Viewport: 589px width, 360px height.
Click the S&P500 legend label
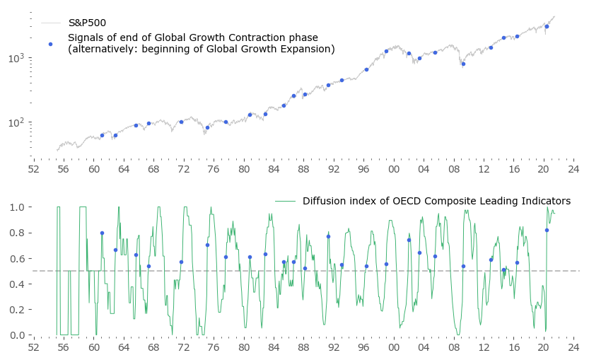[x=87, y=23]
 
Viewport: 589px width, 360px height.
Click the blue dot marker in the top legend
[x=50, y=44]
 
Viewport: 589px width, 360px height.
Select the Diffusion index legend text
[x=436, y=201]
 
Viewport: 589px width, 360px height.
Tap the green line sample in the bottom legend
[x=285, y=201]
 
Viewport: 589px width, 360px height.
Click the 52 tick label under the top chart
[x=33, y=170]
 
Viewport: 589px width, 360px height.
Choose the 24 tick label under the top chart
[x=573, y=170]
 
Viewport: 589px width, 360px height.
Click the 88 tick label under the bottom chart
[x=303, y=348]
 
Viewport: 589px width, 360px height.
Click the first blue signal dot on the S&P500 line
[x=102, y=135]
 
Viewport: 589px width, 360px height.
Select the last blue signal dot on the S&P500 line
[x=547, y=26]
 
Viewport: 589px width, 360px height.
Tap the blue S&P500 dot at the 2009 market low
[x=463, y=64]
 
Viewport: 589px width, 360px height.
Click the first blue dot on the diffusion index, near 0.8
[x=102, y=233]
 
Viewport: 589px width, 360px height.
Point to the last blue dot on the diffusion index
[x=547, y=230]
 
